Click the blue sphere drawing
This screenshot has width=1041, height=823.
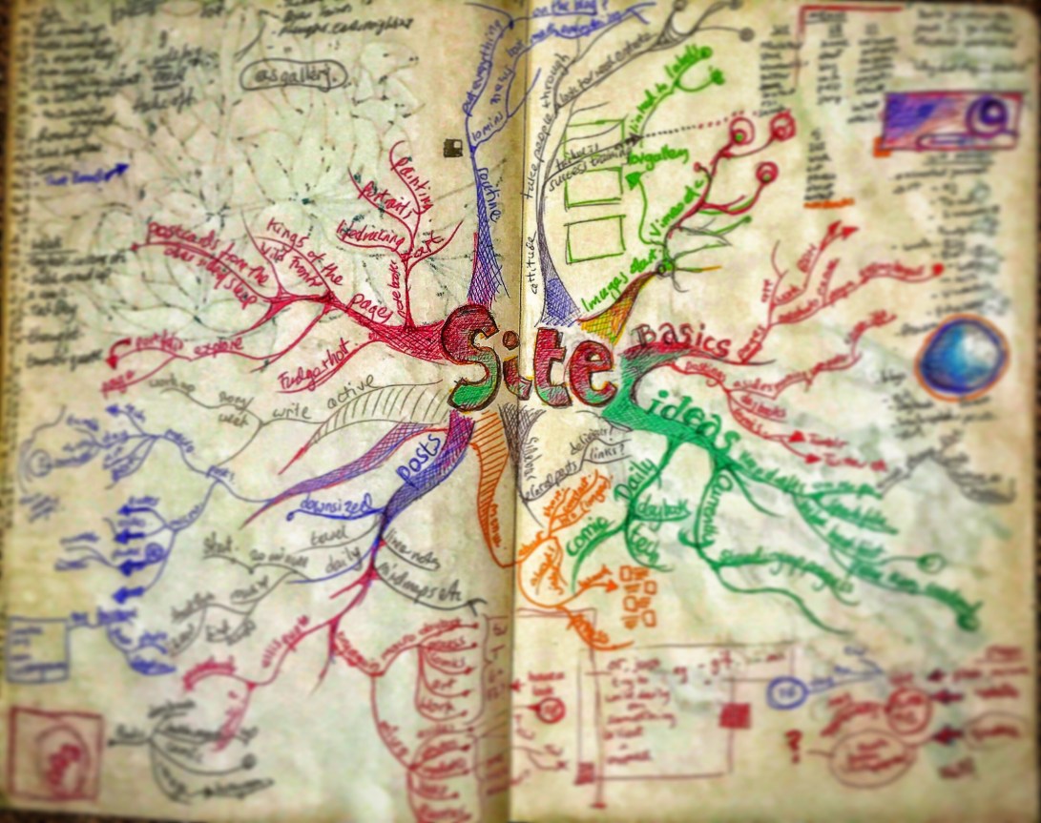tap(961, 358)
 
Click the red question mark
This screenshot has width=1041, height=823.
tap(792, 739)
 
